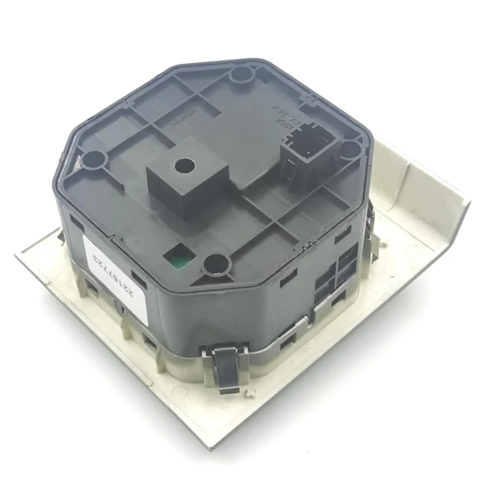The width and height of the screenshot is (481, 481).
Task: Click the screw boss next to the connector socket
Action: pyautogui.click(x=351, y=149)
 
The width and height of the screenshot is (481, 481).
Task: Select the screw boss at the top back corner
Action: pyautogui.click(x=241, y=75)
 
